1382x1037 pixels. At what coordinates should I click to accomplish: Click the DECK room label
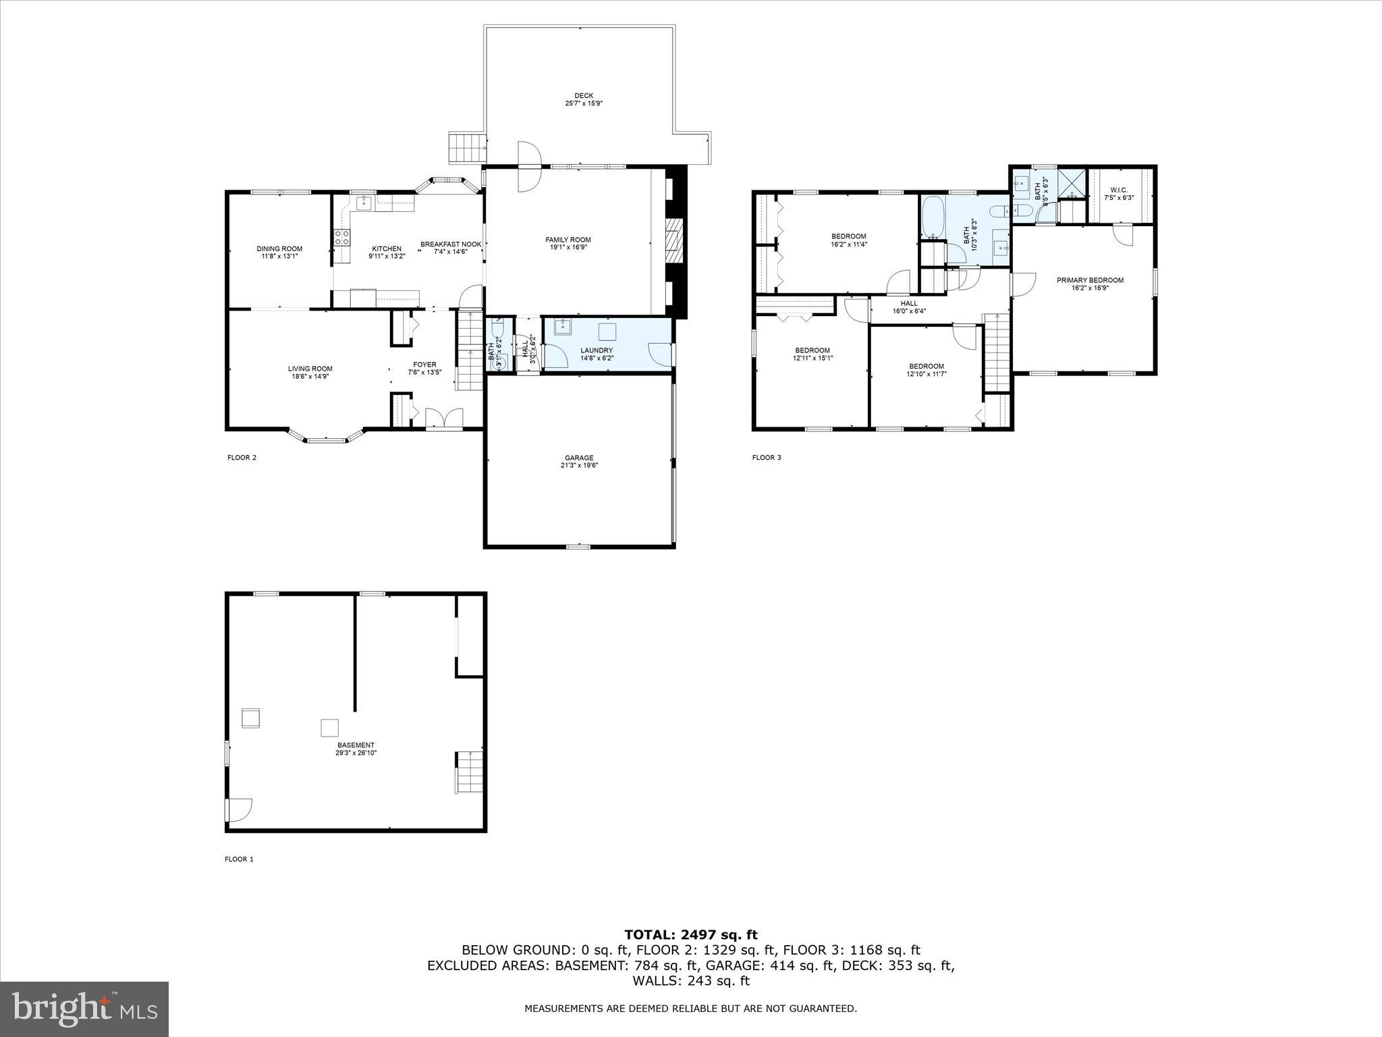[584, 99]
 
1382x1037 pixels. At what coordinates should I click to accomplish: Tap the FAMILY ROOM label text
[568, 243]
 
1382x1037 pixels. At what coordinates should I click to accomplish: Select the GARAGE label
[579, 461]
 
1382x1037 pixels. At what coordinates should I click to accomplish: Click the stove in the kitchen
[342, 237]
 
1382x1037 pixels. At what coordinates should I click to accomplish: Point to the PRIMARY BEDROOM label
[1090, 284]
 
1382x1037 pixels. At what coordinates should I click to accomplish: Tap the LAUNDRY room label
[597, 354]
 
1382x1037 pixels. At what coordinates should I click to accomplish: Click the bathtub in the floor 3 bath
[933, 219]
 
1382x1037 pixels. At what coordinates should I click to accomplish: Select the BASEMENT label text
[356, 749]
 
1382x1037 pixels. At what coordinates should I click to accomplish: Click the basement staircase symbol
[469, 772]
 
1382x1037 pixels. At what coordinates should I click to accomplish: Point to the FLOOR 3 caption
[767, 458]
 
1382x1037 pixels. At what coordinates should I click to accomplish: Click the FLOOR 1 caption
[239, 859]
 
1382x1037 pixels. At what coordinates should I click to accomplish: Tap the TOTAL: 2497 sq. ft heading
[690, 935]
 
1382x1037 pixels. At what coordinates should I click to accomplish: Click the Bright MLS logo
[84, 1009]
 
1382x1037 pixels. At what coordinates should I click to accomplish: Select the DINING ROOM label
[279, 252]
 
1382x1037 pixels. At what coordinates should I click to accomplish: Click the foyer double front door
[444, 419]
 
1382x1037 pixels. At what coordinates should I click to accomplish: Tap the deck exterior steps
[467, 148]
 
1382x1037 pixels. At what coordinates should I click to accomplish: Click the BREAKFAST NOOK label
[451, 248]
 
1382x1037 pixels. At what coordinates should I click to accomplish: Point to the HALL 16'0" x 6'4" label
[909, 307]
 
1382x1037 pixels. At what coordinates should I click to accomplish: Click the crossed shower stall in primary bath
[1072, 182]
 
